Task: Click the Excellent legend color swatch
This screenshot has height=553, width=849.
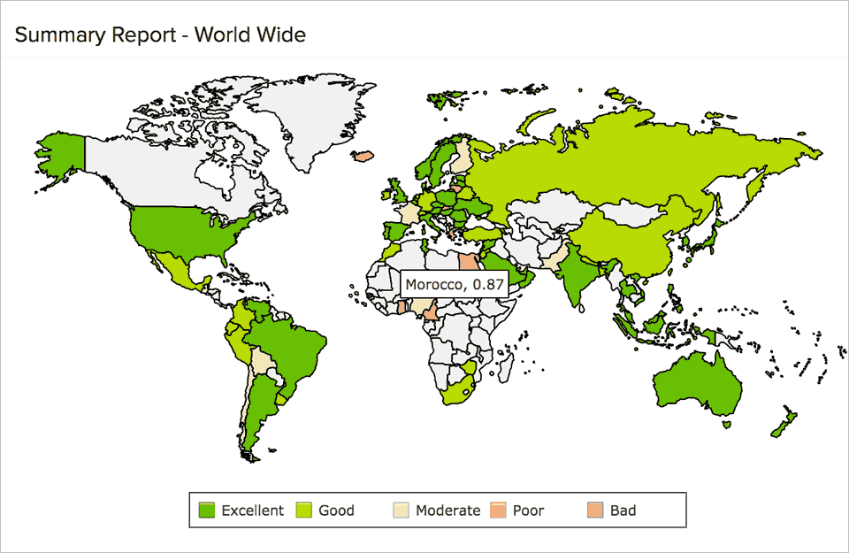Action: [x=208, y=510]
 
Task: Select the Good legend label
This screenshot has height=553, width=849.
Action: [x=336, y=510]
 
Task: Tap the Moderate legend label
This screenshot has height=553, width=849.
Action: [x=447, y=510]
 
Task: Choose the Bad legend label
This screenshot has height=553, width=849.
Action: [x=623, y=510]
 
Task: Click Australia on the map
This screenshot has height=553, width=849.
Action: [x=698, y=386]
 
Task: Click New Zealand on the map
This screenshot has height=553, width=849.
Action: [x=784, y=421]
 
